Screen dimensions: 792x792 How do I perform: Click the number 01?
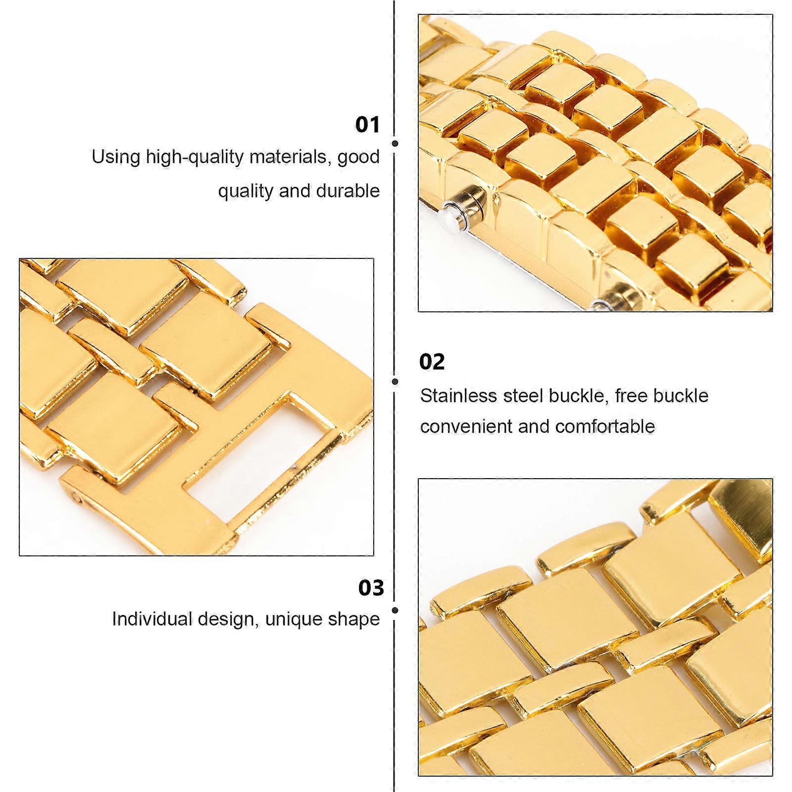(x=367, y=124)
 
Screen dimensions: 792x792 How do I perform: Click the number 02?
(x=432, y=362)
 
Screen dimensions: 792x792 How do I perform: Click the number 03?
(x=371, y=588)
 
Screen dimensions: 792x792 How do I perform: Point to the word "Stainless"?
(x=458, y=396)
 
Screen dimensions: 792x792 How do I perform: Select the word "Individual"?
(x=151, y=619)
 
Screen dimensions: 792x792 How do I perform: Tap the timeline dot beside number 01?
(x=395, y=144)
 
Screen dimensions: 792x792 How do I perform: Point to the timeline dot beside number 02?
(x=395, y=382)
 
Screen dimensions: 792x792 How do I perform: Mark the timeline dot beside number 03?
(x=395, y=610)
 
